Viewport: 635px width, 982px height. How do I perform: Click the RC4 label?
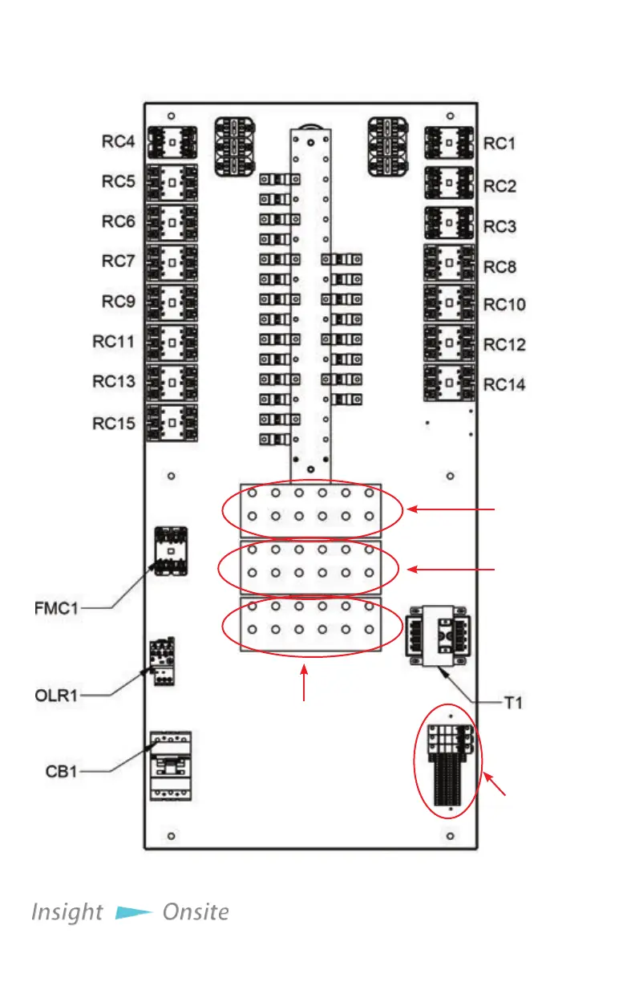[x=117, y=143]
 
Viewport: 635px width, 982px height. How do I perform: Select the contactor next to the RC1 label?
[x=447, y=143]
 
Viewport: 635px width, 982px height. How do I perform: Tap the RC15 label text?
[x=113, y=424]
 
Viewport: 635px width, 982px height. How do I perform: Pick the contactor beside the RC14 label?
[x=447, y=383]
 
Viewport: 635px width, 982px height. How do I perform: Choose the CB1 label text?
[x=62, y=773]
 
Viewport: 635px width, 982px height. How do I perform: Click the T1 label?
[x=513, y=703]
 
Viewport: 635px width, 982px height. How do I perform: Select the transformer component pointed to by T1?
[x=439, y=635]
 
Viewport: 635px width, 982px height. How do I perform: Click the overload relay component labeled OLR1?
[x=164, y=663]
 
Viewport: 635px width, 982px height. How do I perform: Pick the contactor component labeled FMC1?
[x=170, y=550]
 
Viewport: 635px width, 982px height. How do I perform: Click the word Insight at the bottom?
[x=67, y=912]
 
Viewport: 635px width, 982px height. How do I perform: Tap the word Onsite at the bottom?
[x=196, y=912]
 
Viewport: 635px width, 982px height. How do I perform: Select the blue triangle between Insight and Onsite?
[x=133, y=912]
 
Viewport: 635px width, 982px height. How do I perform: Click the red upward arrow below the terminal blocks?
[x=304, y=687]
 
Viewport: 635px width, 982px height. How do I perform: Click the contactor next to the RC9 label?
[x=172, y=302]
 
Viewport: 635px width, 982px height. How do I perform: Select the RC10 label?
[x=505, y=305]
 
